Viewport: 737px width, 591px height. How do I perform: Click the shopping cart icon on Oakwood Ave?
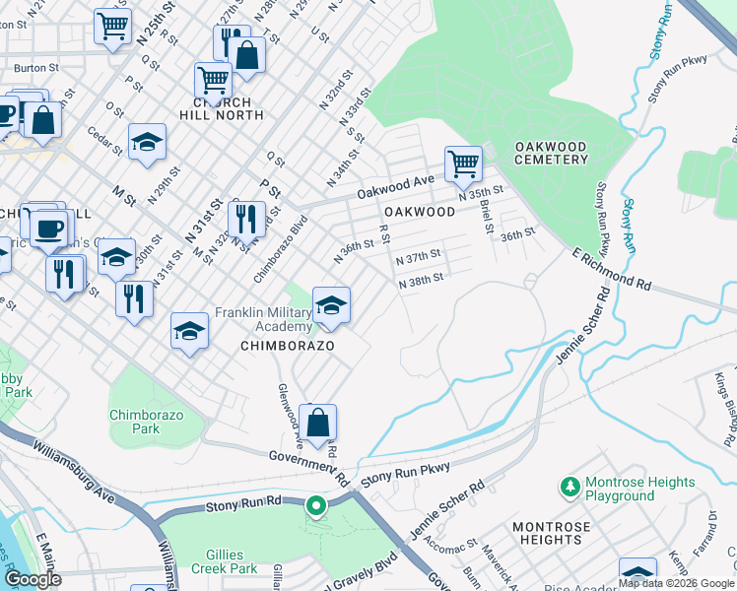coord(462,164)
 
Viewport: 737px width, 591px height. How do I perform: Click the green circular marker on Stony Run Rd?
coord(316,506)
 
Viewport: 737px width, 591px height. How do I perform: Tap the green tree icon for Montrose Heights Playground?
coord(569,487)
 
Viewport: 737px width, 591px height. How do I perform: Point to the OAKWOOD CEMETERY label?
coord(551,154)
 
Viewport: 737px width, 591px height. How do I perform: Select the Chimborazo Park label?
coord(147,422)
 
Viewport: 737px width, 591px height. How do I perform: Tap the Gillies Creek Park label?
coord(218,561)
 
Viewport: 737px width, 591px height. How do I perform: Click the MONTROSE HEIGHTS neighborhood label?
coord(551,533)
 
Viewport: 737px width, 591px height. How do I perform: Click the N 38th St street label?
coord(420,278)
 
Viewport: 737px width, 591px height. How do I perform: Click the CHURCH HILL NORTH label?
coord(228,108)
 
